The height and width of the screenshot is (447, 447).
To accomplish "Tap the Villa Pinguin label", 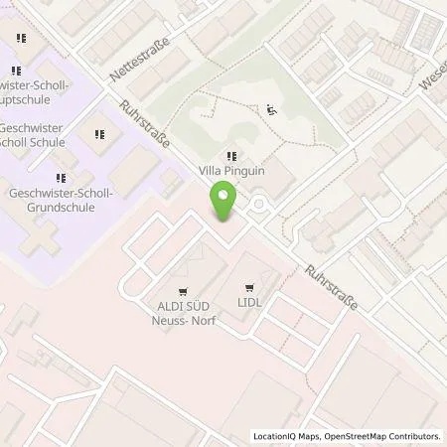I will coord(231,170).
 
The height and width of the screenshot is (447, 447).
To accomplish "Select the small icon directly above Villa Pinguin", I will coord(231,154).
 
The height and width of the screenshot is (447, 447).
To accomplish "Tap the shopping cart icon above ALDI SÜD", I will coord(181,282).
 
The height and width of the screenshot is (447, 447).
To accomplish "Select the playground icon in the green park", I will coord(272,110).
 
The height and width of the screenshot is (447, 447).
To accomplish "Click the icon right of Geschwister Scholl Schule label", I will coord(100,133).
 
